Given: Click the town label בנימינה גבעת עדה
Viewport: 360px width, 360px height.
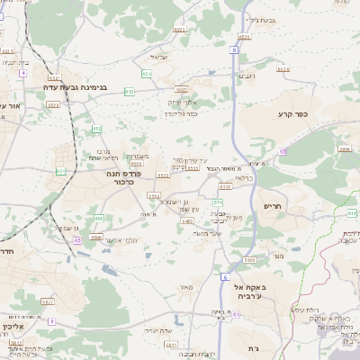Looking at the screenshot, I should (x=76, y=87).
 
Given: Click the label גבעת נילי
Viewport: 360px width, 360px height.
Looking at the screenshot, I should (x=258, y=18).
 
